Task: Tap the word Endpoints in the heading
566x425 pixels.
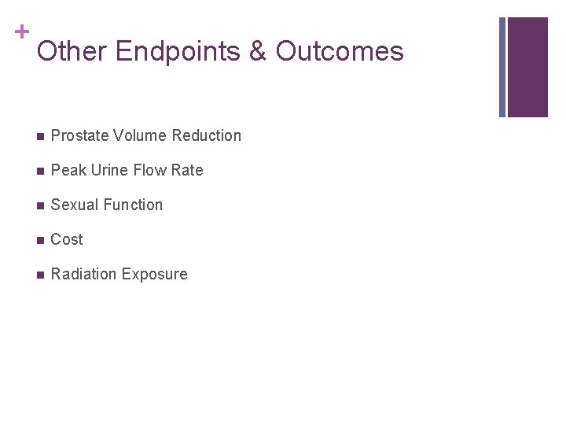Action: tap(178, 52)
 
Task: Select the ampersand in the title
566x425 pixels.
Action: tap(259, 52)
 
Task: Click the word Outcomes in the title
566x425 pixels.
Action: tap(340, 52)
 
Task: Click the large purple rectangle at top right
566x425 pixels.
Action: tap(527, 67)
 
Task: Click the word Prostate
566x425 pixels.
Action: tap(79, 135)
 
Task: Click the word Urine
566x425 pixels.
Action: tap(108, 170)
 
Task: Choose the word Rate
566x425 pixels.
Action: tap(188, 170)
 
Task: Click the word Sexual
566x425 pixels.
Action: tap(75, 205)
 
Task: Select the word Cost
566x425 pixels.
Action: tap(67, 239)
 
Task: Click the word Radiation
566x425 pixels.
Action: tap(83, 274)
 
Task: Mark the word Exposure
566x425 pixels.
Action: tap(155, 274)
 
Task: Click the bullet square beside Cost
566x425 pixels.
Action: tap(39, 240)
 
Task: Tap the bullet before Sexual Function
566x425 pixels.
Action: tap(39, 205)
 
